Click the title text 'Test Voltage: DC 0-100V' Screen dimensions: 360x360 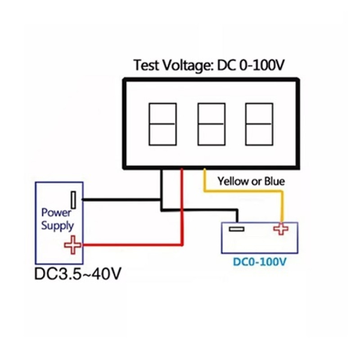tap(209, 65)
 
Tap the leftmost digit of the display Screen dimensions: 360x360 tap(163, 124)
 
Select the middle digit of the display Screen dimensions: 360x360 tap(211, 124)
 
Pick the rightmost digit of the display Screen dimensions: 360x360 tap(259, 124)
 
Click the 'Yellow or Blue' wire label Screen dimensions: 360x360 tap(251, 181)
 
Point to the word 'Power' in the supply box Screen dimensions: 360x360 tap(56, 213)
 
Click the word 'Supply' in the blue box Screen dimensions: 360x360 tap(58, 226)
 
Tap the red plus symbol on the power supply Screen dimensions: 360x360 tap(72, 245)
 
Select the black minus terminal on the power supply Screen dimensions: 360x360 tap(73, 200)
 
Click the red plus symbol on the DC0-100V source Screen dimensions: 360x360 tap(281, 229)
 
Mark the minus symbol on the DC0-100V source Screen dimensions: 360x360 tap(237, 229)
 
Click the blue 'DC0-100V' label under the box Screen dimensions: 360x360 tap(260, 262)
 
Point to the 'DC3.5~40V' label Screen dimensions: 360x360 tap(77, 274)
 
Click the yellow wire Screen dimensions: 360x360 tap(243, 191)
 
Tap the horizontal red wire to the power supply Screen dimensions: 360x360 tap(132, 245)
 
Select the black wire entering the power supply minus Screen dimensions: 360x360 tap(121, 200)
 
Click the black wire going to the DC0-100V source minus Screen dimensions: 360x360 tap(199, 210)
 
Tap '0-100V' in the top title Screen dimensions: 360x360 tap(262, 65)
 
